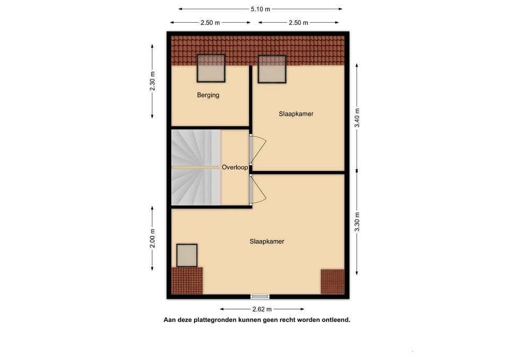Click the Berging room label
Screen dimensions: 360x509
[x=208, y=95]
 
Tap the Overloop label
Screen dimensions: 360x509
[x=235, y=167]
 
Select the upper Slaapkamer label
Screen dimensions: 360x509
[x=296, y=114]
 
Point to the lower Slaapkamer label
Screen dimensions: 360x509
[x=267, y=241]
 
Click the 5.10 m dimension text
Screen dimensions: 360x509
[x=260, y=9]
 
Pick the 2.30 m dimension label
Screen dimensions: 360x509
[x=153, y=81]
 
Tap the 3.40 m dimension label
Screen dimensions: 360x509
[x=357, y=118]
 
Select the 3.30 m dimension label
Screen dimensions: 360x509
[x=357, y=222]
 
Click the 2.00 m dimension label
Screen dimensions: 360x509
[x=153, y=238]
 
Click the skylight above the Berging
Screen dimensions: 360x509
[x=211, y=68]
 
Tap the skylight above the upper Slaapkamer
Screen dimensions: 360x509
[x=272, y=69]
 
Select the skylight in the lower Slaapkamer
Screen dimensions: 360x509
[x=187, y=256]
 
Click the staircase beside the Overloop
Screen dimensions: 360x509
[x=195, y=167]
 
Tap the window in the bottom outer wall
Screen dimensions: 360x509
[x=260, y=296]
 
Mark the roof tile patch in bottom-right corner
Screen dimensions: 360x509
[x=332, y=282]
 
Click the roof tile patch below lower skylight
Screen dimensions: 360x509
[x=187, y=280]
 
